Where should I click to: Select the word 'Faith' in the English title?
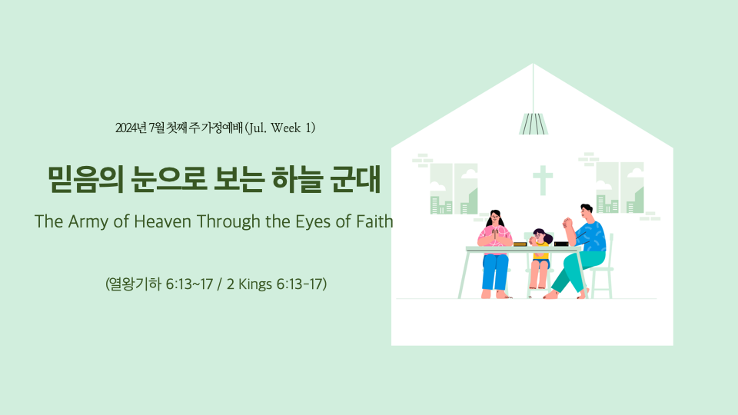click(374, 221)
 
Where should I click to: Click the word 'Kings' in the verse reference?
click(255, 284)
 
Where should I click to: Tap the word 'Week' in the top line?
click(286, 128)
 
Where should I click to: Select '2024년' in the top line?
click(131, 128)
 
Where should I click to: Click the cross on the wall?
click(543, 180)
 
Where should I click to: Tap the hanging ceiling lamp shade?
click(534, 124)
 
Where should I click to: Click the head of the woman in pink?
click(494, 218)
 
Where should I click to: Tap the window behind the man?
click(620, 188)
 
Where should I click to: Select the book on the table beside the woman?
click(520, 244)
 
